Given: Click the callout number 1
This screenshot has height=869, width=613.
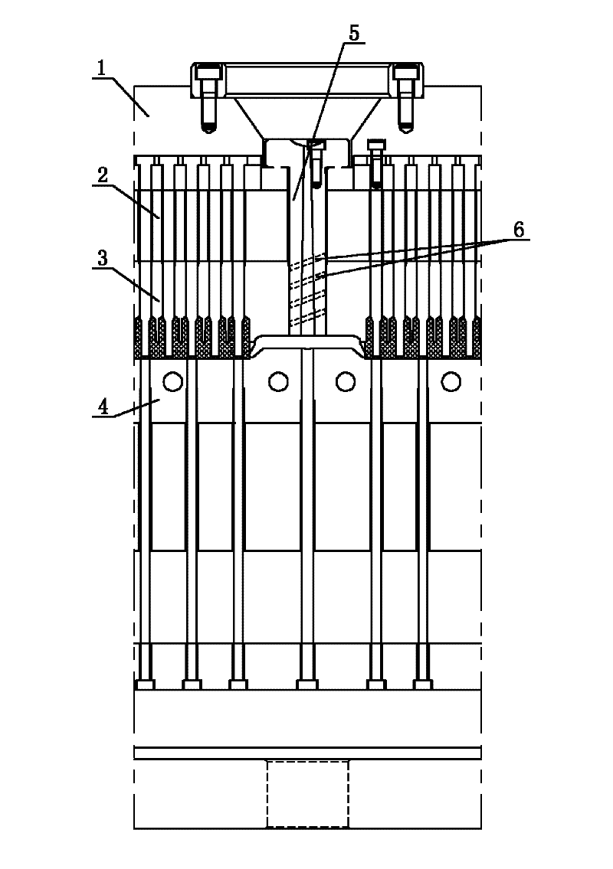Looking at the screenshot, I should click(100, 67).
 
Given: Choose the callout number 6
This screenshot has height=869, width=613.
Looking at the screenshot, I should click(519, 228).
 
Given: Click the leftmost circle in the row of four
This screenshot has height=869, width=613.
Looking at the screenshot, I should click(172, 380).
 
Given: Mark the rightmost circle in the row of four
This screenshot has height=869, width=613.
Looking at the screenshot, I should click(451, 380).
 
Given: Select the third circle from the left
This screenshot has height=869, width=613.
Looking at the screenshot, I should click(345, 380).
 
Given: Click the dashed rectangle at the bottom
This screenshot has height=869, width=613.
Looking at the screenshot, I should click(307, 793).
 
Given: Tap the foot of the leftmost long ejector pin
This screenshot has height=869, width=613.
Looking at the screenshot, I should click(145, 684).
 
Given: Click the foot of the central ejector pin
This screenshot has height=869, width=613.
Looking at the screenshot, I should click(306, 684).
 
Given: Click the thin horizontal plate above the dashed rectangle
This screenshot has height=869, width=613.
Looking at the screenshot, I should click(307, 753).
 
